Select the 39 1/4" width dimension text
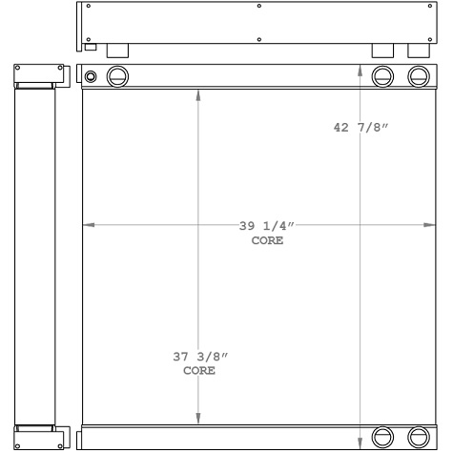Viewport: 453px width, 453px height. [x=268, y=226]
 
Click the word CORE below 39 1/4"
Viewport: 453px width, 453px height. [x=268, y=240]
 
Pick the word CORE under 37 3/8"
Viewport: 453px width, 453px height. [x=199, y=370]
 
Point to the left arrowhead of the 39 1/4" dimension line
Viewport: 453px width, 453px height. [x=89, y=226]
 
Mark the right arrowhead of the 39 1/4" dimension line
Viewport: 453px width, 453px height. [x=430, y=226]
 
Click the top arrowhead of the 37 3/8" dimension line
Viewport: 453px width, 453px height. [x=198, y=93]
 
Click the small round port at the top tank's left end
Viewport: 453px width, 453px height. [x=91, y=76]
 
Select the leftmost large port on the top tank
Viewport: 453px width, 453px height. [x=118, y=76]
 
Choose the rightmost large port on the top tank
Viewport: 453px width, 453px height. [x=419, y=76]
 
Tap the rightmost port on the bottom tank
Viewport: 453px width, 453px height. [x=419, y=437]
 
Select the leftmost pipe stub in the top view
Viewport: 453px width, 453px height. [x=117, y=51]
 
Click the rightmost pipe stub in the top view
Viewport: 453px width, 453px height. [x=418, y=51]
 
